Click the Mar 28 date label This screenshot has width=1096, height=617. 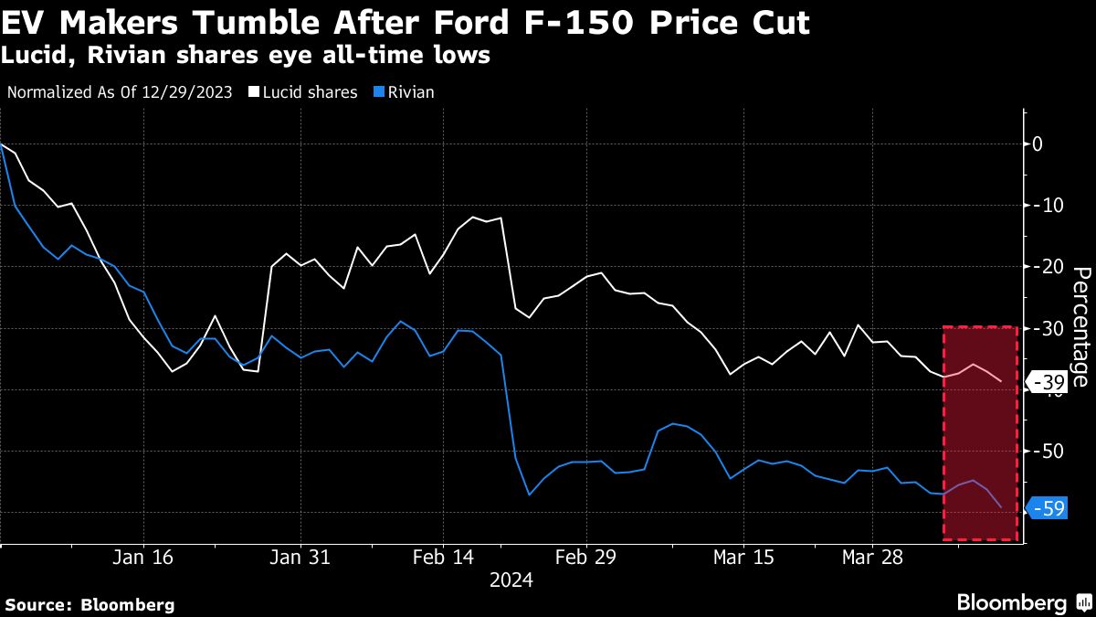point(871,558)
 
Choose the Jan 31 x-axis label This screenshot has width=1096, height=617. point(301,558)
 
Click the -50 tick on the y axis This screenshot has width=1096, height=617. point(1047,452)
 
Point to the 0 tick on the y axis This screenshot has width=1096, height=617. point(1038,144)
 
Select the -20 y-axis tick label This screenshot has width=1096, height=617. point(1047,266)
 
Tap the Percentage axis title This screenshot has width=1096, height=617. point(1080,326)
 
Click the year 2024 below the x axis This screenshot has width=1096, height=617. point(511,580)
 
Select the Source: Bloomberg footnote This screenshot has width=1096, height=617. point(90,604)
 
